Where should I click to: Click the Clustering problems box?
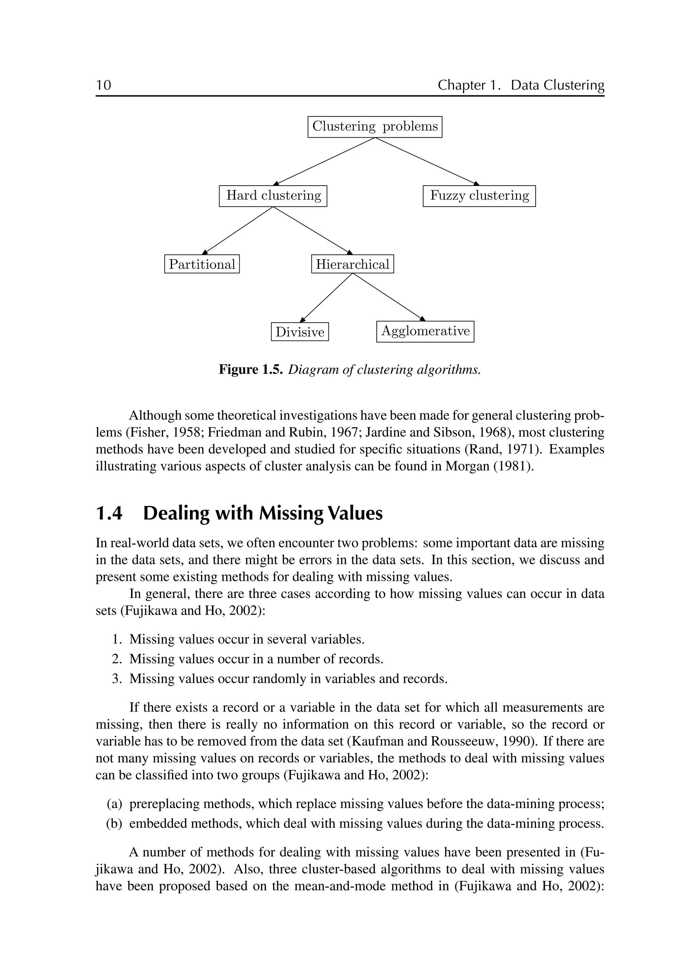click(375, 127)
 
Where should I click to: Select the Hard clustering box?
click(273, 196)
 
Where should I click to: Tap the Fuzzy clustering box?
click(479, 196)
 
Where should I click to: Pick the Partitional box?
click(202, 264)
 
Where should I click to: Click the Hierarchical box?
click(352, 264)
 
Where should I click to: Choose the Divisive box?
click(299, 332)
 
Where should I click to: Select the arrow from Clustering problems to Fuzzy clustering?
click(427, 161)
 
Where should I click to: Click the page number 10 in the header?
click(103, 85)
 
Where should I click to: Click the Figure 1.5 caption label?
click(250, 369)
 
